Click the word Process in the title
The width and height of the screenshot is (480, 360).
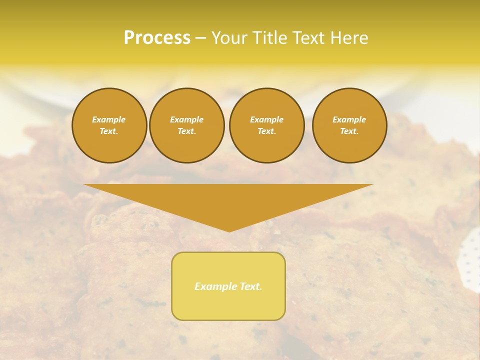pyautogui.click(x=157, y=38)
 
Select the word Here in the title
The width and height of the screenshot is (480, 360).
pyautogui.click(x=347, y=38)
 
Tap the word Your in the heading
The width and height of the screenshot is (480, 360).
pyautogui.click(x=229, y=38)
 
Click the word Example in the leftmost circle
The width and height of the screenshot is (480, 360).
pyautogui.click(x=109, y=119)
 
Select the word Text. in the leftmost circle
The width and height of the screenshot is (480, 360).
pyautogui.click(x=109, y=131)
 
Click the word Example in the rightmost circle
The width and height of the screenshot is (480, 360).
pyautogui.click(x=349, y=119)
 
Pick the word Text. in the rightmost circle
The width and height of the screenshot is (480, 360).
pyautogui.click(x=349, y=131)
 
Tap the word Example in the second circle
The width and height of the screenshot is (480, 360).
pyautogui.click(x=186, y=119)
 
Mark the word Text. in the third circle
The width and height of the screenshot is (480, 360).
pyautogui.click(x=266, y=131)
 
